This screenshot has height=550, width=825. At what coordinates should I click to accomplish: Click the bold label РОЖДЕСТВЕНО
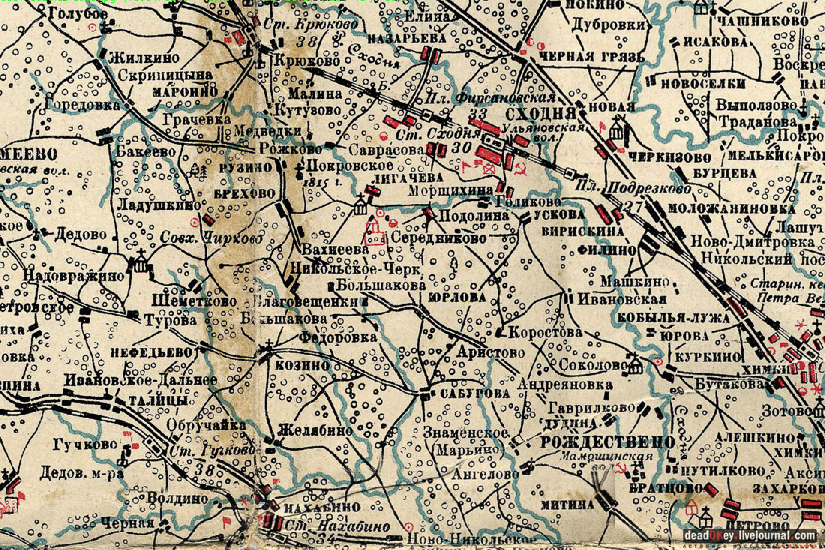click(607, 441)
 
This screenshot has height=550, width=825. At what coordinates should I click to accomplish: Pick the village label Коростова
click(545, 332)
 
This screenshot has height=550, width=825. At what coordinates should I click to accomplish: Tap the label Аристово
click(487, 352)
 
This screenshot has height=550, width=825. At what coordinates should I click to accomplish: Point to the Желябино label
click(314, 431)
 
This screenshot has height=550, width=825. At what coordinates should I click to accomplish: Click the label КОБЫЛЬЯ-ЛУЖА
click(673, 317)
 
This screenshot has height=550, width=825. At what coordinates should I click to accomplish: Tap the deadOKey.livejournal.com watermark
click(750, 535)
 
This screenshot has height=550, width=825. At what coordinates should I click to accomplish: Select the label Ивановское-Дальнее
click(140, 380)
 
